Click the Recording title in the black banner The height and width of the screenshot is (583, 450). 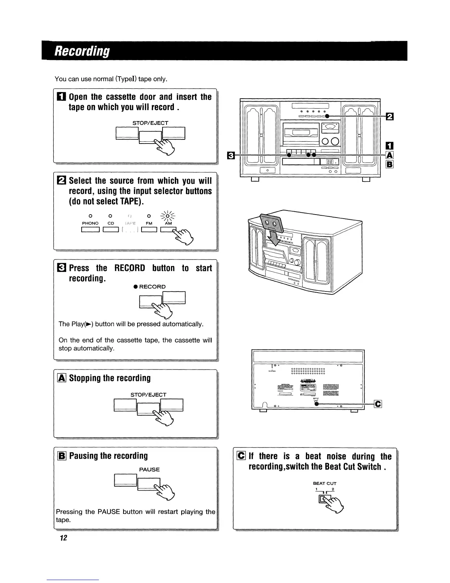82,51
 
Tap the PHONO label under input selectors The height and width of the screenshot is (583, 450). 90,223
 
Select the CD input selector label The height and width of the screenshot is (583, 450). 111,223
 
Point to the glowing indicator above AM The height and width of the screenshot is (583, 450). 168,215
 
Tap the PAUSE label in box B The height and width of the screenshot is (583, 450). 149,470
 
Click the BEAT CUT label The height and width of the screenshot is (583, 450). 325,483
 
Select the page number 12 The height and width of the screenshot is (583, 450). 63,538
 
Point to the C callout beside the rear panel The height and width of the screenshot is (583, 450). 378,404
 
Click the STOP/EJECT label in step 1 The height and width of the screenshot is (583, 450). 150,123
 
